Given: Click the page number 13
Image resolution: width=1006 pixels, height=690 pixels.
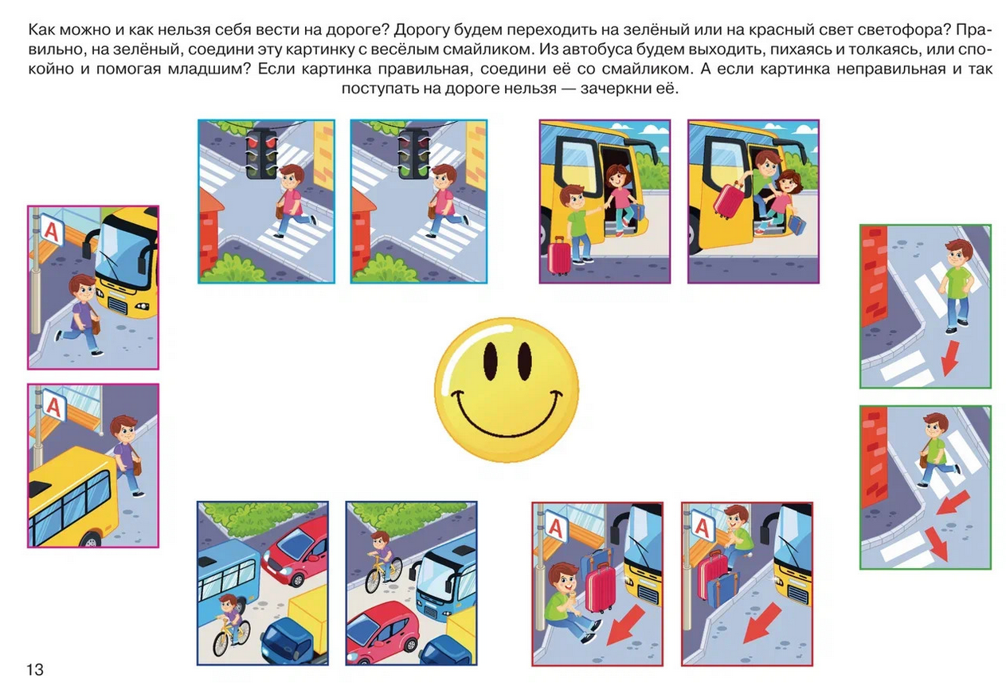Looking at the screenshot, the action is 35,670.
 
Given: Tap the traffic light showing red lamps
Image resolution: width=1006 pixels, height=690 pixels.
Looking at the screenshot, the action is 261,153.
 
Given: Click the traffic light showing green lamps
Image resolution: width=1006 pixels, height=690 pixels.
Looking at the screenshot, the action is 414,153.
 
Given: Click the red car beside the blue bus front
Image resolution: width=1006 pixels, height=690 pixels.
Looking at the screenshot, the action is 382,629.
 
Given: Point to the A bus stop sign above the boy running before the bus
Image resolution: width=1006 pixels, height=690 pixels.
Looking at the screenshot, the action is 52,230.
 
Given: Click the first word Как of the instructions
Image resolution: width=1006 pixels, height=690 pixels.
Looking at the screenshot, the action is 41,30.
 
